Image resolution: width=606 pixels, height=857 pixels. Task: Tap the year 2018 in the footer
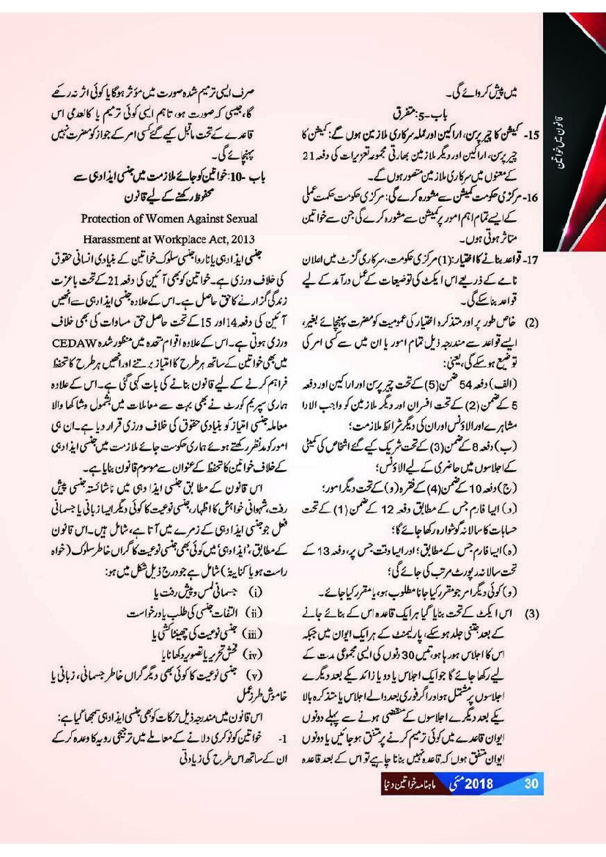pos(480,782)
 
